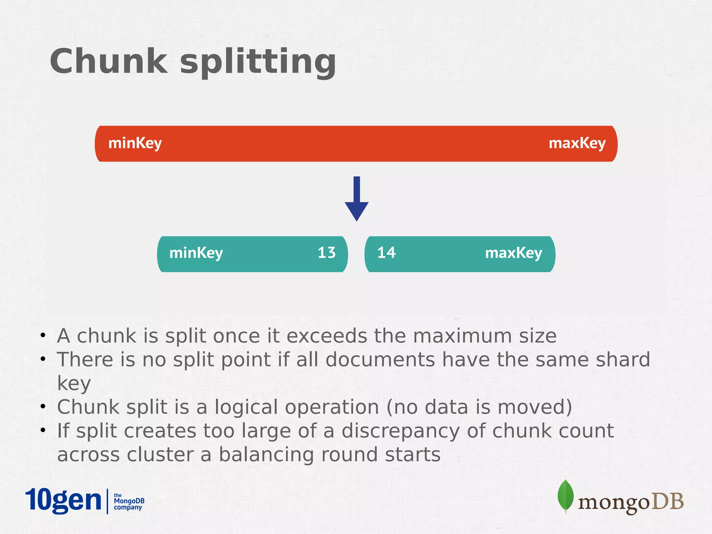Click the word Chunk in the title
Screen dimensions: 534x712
click(x=109, y=62)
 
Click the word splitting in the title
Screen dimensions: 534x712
click(x=258, y=63)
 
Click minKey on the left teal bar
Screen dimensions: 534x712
click(x=196, y=253)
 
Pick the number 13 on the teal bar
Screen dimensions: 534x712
click(x=326, y=253)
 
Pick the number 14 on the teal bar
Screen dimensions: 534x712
click(x=386, y=253)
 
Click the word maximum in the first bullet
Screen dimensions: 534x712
click(x=462, y=336)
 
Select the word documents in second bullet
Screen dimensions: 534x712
click(x=380, y=359)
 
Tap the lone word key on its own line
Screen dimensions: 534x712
click(x=74, y=384)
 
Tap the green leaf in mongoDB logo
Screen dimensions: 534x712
click(x=565, y=496)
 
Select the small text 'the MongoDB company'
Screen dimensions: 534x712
click(x=129, y=501)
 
